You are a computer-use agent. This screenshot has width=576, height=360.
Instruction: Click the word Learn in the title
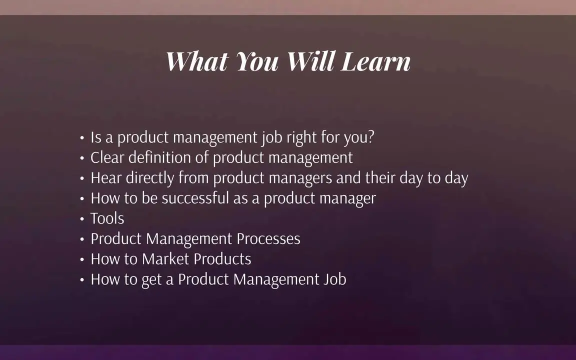375,61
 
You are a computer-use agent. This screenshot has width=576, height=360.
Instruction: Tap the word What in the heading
197,61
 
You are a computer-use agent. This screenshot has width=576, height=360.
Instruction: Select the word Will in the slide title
311,61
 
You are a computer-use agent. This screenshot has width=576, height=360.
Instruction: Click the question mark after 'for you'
370,137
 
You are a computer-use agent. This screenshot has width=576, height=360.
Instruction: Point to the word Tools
107,218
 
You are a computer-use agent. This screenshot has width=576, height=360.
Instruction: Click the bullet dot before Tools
82,219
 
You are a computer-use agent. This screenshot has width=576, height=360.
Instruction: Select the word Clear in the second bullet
107,157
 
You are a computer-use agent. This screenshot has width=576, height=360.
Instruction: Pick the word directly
150,178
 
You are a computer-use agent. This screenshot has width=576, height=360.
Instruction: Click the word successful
195,198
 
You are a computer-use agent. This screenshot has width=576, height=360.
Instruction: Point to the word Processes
268,239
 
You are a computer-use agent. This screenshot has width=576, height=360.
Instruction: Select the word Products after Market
222,259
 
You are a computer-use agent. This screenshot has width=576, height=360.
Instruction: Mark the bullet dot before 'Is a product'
82,138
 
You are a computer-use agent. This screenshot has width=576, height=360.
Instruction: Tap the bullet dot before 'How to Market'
82,259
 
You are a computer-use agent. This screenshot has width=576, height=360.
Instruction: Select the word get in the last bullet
151,280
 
